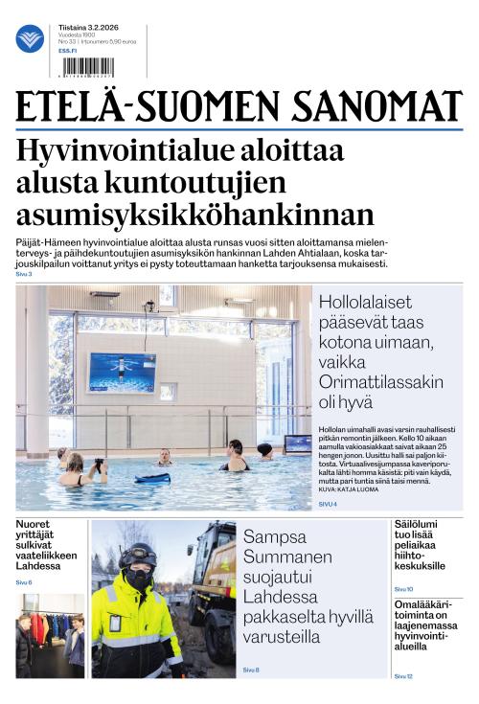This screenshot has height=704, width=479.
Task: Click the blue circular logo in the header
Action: (x=30, y=39)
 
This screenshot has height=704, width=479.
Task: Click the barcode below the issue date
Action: (x=86, y=66)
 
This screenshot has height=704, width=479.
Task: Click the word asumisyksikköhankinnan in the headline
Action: (x=195, y=213)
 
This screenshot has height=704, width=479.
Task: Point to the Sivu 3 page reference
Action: (x=24, y=274)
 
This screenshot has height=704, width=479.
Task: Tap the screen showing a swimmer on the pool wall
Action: (x=122, y=372)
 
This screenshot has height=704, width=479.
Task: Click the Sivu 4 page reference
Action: (x=328, y=504)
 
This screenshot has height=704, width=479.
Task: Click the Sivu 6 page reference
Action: (x=24, y=582)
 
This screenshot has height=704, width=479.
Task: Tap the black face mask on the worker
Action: (x=139, y=579)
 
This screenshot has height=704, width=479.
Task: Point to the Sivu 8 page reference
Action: (x=251, y=669)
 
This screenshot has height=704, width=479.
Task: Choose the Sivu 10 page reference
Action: (x=403, y=589)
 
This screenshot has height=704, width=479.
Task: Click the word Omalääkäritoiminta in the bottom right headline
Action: (x=424, y=607)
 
